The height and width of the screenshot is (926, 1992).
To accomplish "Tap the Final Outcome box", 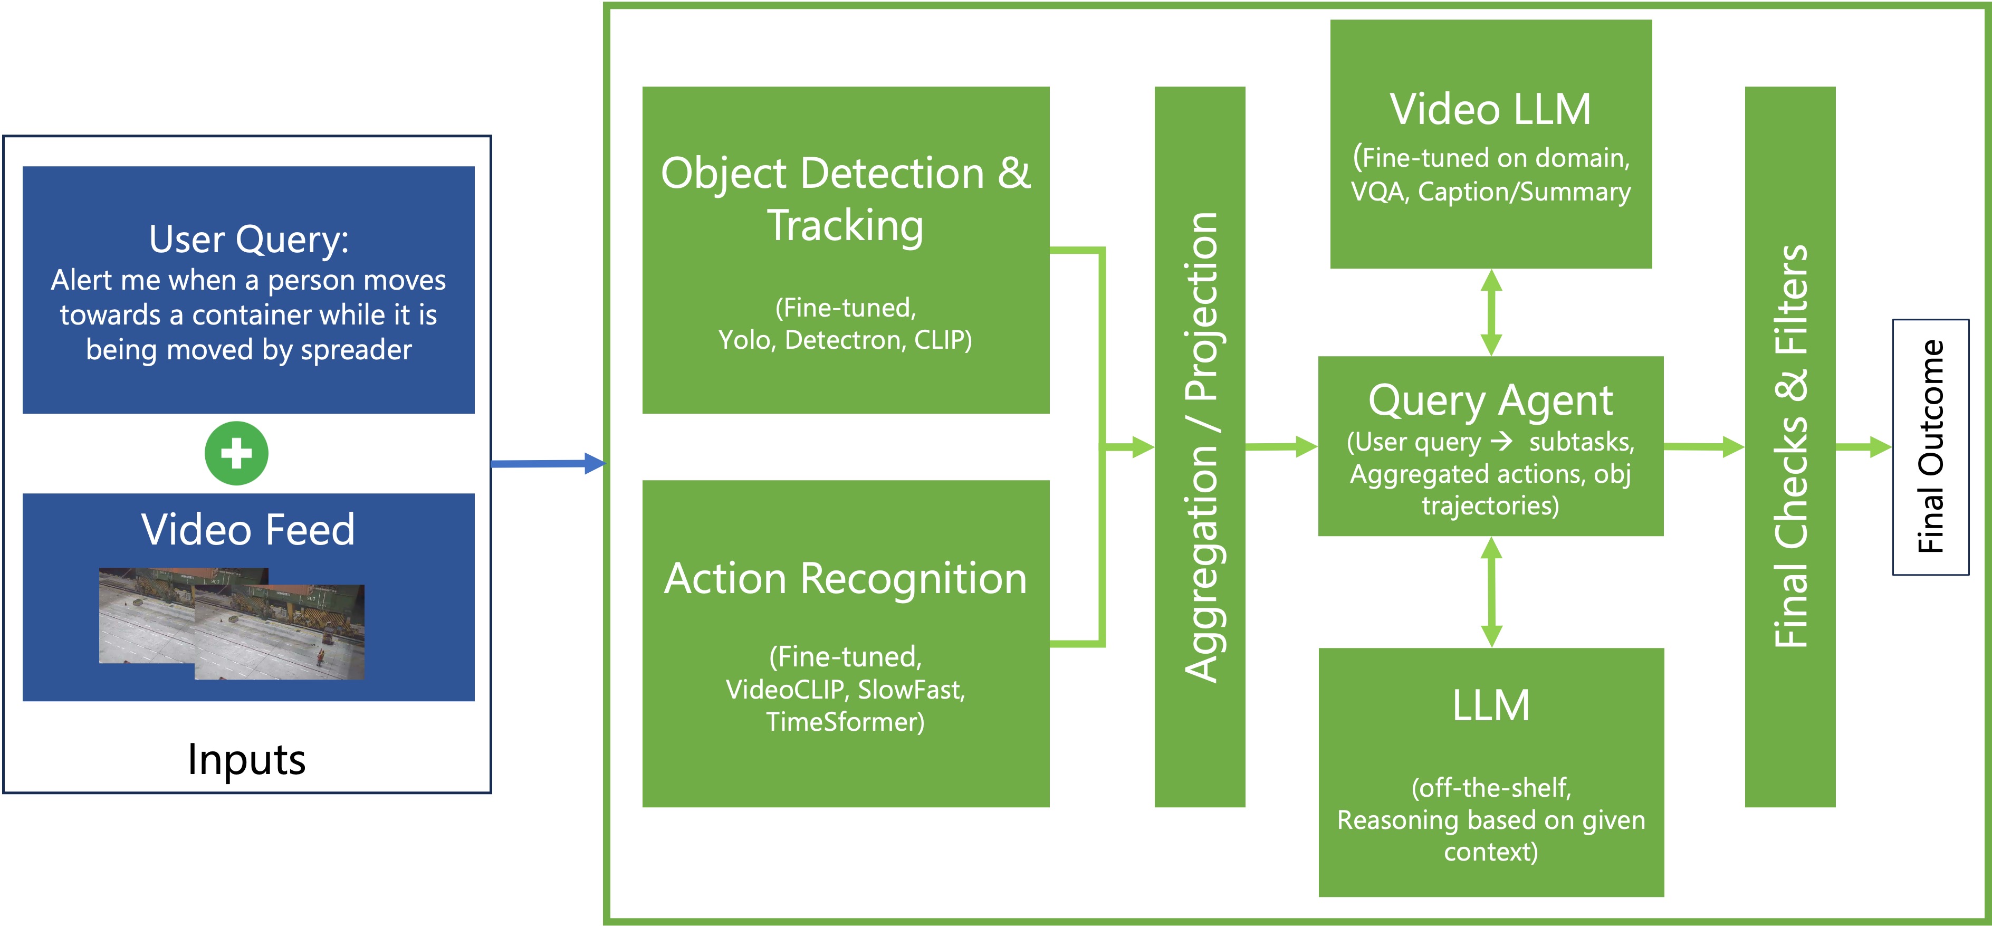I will point(1930,446).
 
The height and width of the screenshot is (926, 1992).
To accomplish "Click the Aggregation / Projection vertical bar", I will point(1200,446).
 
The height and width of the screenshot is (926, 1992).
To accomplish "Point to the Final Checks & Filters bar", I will point(1789,446).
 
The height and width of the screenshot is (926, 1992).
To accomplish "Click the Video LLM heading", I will point(1490,109).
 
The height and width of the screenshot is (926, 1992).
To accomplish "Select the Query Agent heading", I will point(1490,400).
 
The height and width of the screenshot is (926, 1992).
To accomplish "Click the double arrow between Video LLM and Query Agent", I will point(1491,312).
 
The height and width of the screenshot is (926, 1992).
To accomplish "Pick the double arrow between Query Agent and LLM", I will point(1491,592).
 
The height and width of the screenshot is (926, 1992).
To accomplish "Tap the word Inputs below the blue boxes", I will point(247,760).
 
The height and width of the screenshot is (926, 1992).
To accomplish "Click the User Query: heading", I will point(248,239).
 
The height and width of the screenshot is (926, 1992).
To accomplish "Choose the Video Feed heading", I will point(248,530).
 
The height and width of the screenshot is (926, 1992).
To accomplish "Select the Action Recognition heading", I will point(845,579).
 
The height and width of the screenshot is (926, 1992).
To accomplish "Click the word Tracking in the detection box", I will point(845,226).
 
